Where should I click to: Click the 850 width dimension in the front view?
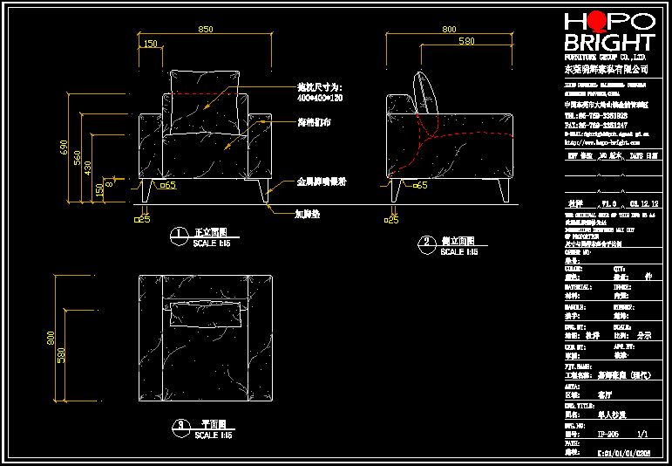point(205,30)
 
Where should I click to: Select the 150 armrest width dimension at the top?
point(151,44)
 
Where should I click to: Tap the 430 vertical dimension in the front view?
point(88,167)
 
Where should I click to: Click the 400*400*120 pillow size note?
point(320,98)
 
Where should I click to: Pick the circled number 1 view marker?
point(178,234)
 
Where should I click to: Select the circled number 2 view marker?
point(427,242)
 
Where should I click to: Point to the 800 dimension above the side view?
point(450,30)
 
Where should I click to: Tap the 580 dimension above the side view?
point(466,41)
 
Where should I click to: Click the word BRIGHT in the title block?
point(609,43)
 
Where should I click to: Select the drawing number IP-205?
point(608,433)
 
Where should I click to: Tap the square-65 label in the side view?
point(418,185)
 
